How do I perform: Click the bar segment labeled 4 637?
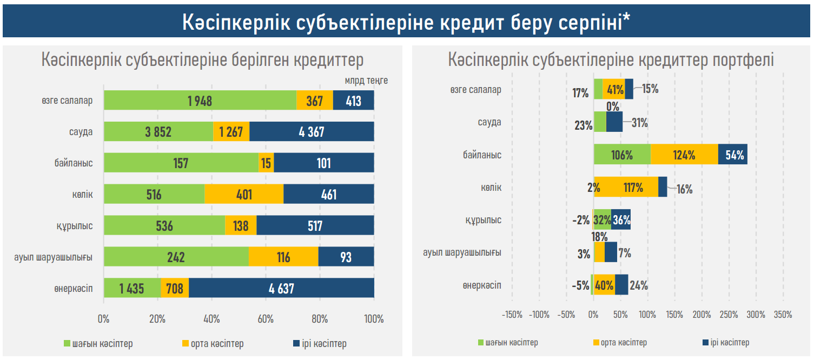(281, 288)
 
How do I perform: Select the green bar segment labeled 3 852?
(158, 132)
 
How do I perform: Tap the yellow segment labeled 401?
(244, 194)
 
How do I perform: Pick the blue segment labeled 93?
(346, 257)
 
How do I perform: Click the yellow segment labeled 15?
(266, 163)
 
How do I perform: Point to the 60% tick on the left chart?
(266, 319)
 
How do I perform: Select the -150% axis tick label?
(512, 315)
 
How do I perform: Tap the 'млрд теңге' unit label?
(366, 81)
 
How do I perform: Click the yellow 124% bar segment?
(684, 155)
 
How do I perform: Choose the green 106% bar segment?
(622, 155)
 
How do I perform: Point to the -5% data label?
(580, 285)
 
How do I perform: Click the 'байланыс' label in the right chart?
(482, 155)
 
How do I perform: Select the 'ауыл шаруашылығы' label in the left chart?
(54, 257)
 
